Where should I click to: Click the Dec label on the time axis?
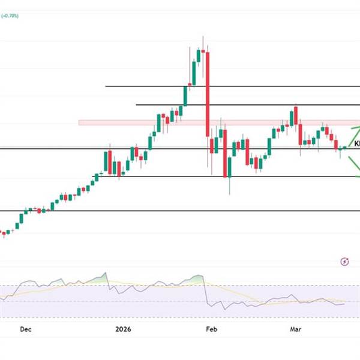(x=25, y=329)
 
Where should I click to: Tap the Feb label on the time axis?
(x=211, y=329)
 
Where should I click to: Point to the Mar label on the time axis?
(x=295, y=329)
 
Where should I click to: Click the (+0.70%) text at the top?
(x=10, y=16)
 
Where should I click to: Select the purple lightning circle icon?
(x=344, y=261)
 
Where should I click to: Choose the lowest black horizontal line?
(x=180, y=211)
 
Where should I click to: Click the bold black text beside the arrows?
(x=357, y=144)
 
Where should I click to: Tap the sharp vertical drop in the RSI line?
(x=205, y=294)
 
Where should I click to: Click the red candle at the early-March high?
(x=296, y=115)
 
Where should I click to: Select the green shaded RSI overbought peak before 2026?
(x=99, y=278)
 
